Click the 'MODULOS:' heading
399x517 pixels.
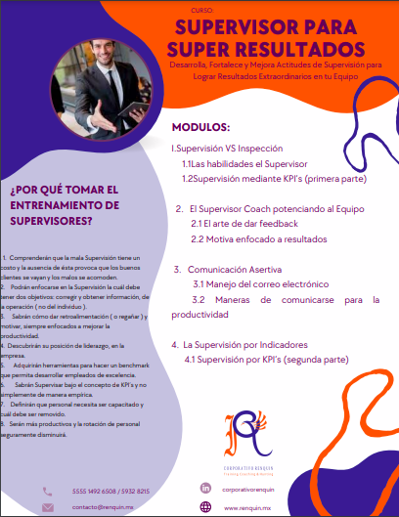pos(200,127)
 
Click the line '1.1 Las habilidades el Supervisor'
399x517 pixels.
pos(244,163)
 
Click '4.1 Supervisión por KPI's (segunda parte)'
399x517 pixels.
pos(266,360)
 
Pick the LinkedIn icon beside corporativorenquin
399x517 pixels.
pos(205,488)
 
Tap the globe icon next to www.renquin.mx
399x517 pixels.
pos(205,507)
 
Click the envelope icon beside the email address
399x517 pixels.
pos(48,507)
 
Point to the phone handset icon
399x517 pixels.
pos(48,490)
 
